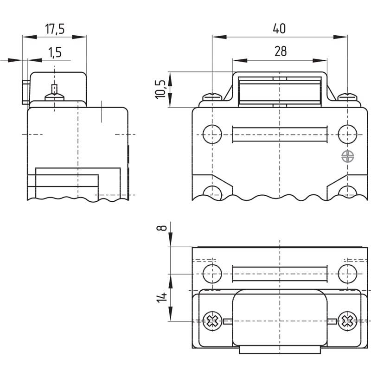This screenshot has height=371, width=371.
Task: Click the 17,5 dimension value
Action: tap(55, 29)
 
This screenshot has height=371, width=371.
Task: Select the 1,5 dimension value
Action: tap(55, 52)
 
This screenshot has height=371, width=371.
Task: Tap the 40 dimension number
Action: tap(279, 28)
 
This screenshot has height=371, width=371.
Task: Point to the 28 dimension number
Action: tap(281, 51)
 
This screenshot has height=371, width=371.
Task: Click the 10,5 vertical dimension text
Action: tap(160, 90)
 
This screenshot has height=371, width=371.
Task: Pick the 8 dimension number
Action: tap(161, 228)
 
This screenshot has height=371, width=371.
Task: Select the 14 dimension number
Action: tap(161, 297)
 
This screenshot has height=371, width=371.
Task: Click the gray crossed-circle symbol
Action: tap(347, 156)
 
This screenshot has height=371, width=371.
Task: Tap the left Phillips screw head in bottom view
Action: tap(212, 321)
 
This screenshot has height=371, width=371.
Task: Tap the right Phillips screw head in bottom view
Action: tap(347, 321)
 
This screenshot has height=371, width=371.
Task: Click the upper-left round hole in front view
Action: tap(212, 134)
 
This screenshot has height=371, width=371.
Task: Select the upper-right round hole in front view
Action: tap(347, 134)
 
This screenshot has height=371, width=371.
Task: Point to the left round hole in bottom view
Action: tap(212, 274)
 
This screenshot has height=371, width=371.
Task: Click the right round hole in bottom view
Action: tap(347, 274)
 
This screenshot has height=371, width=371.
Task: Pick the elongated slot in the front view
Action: tap(280, 134)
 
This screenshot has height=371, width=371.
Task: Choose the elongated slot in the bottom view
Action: tap(280, 274)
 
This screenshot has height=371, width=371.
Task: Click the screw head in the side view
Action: tap(54, 97)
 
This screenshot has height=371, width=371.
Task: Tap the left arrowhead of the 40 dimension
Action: tap(219, 37)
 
